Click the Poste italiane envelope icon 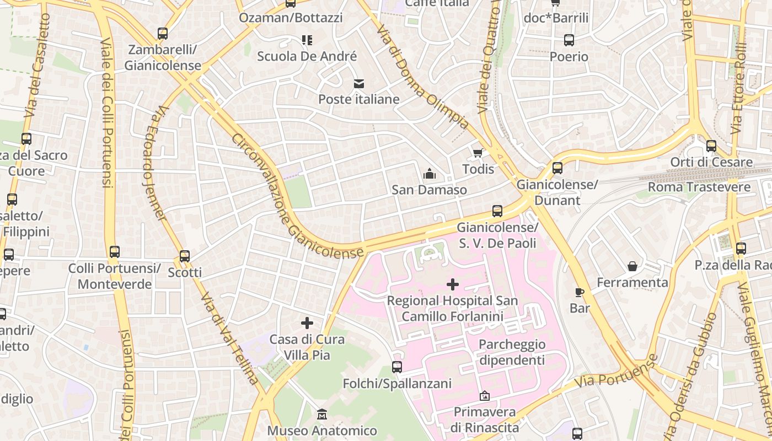point(359,84)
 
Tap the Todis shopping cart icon point(478,153)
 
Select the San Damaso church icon point(429,174)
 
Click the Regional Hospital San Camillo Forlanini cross point(453,284)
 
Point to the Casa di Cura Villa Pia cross point(307,323)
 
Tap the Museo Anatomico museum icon point(322,414)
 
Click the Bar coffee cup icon point(579,292)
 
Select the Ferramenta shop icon point(632,267)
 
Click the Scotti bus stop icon point(185,256)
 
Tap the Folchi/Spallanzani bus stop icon point(397,367)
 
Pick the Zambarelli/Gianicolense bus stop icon point(163,34)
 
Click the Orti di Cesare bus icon point(711,146)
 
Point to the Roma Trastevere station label point(699,187)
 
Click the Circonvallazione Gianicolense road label point(298,196)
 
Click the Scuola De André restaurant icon point(307,40)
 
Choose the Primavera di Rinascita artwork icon point(484,396)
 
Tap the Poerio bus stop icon point(569,40)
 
